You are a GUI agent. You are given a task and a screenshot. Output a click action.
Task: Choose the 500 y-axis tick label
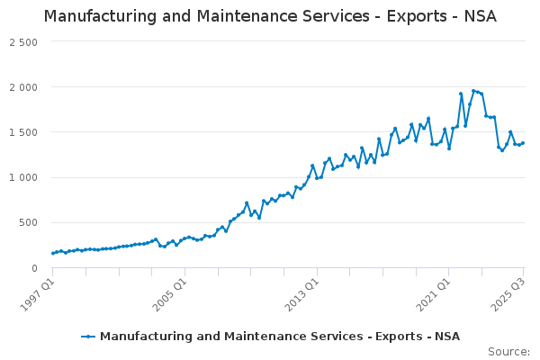click(x=29, y=222)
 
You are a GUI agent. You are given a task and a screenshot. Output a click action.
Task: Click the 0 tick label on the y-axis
click(x=34, y=267)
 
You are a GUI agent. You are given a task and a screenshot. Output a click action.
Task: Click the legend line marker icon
click(x=88, y=337)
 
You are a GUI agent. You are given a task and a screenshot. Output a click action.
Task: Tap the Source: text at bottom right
click(x=508, y=352)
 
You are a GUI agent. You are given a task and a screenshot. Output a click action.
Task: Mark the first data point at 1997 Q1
click(x=53, y=253)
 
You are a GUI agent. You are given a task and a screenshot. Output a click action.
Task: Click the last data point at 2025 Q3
click(x=523, y=143)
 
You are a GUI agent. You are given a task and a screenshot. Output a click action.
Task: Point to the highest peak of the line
click(x=473, y=91)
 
